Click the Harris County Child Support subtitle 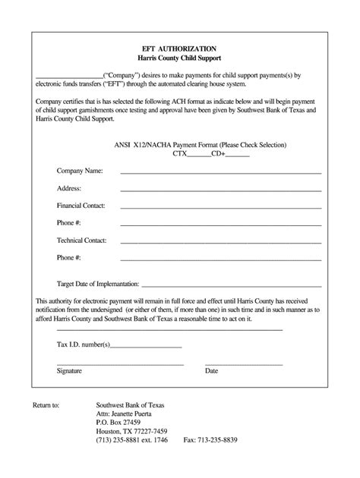[x=179, y=58]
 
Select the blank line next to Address [x=220, y=190]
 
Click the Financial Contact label [x=81, y=206]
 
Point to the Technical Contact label [x=81, y=241]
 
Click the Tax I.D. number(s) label [x=84, y=344]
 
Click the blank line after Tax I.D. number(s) [x=147, y=347]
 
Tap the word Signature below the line [x=71, y=371]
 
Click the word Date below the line [x=211, y=371]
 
